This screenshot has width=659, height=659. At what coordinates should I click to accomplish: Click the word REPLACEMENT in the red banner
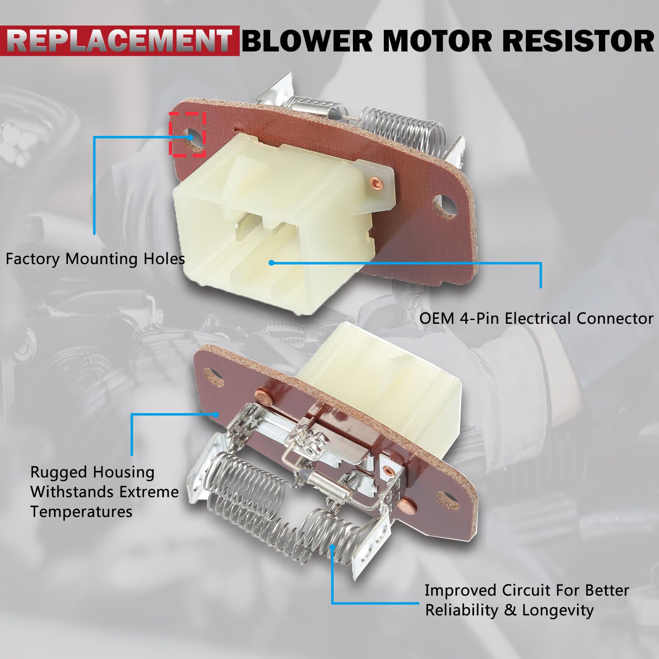tap(119, 40)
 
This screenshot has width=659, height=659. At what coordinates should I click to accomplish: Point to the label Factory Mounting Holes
tap(95, 259)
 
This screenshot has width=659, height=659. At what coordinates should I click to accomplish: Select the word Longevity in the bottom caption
tap(558, 610)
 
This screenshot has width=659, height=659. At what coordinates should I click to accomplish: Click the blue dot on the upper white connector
tap(271, 262)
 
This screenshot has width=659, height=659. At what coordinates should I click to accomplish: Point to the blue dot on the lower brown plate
tap(216, 415)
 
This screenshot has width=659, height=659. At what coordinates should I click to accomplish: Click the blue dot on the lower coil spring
tap(332, 547)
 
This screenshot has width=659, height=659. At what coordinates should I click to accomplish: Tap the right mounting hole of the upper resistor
tap(446, 204)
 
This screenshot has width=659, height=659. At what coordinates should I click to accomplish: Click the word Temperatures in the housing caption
tap(81, 512)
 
